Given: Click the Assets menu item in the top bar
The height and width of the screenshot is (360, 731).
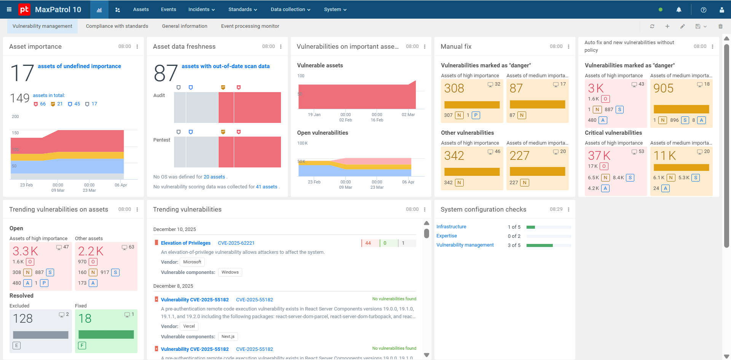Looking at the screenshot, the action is click(141, 10).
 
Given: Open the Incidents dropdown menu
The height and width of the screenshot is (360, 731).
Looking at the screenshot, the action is click(201, 10).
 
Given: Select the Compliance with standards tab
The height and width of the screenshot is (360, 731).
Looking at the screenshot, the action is click(117, 26).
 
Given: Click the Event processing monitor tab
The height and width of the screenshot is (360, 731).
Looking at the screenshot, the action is click(250, 26).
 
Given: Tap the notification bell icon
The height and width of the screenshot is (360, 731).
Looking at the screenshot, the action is click(679, 10).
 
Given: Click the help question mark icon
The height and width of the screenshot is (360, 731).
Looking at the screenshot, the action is click(704, 10).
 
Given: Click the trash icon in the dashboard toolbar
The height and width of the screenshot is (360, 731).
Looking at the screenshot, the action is click(720, 26).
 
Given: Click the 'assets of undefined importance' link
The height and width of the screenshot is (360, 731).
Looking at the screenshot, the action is click(80, 66).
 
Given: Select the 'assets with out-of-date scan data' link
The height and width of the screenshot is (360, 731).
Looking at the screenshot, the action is click(226, 66).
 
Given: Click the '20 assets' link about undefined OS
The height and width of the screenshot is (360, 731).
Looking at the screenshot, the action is click(214, 177).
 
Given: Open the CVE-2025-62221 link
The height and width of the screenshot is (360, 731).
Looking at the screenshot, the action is click(236, 243).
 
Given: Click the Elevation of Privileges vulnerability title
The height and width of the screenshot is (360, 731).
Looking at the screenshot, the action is click(186, 243).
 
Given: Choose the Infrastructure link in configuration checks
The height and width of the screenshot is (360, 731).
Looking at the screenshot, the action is click(451, 227).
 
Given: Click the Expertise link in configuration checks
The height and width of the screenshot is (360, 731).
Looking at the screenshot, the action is click(447, 236).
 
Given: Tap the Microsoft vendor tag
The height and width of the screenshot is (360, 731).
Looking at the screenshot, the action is click(192, 262).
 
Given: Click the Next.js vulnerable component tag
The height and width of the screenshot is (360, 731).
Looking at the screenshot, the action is click(228, 336).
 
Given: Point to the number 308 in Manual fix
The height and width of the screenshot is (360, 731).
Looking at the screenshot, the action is click(454, 88).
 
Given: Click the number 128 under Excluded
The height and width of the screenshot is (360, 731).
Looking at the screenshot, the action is click(23, 319).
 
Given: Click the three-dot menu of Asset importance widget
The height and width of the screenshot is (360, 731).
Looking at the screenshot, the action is click(137, 46).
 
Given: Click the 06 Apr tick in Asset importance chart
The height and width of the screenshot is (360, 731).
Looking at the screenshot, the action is click(121, 185).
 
